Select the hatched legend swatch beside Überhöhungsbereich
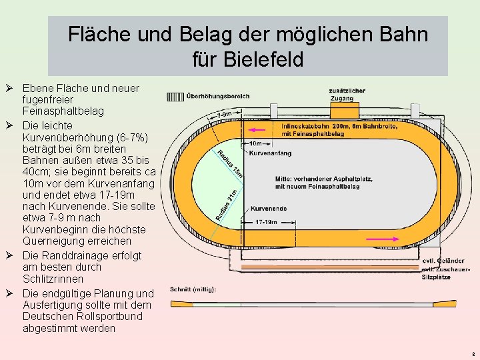pos(175,96)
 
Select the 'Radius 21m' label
pos(227,204)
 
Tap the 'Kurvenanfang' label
pos(269,153)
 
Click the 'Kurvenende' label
pos(269,209)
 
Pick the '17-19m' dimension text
pos(267,221)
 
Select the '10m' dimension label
pos(255,143)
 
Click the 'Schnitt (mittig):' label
pos(193,289)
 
